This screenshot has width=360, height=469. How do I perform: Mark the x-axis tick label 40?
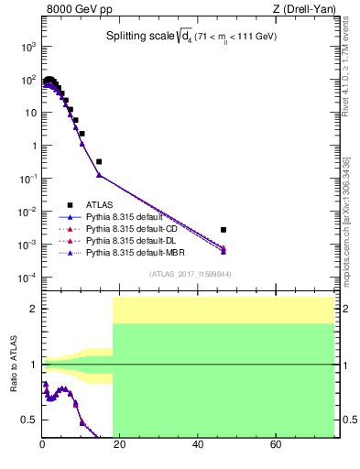click(198, 445)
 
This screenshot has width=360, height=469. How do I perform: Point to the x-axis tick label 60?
click(276, 445)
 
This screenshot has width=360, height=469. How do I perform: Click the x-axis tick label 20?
click(120, 445)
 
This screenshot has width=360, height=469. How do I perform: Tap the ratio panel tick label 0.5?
click(29, 420)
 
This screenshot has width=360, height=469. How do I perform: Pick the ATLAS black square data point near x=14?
click(99, 161)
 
